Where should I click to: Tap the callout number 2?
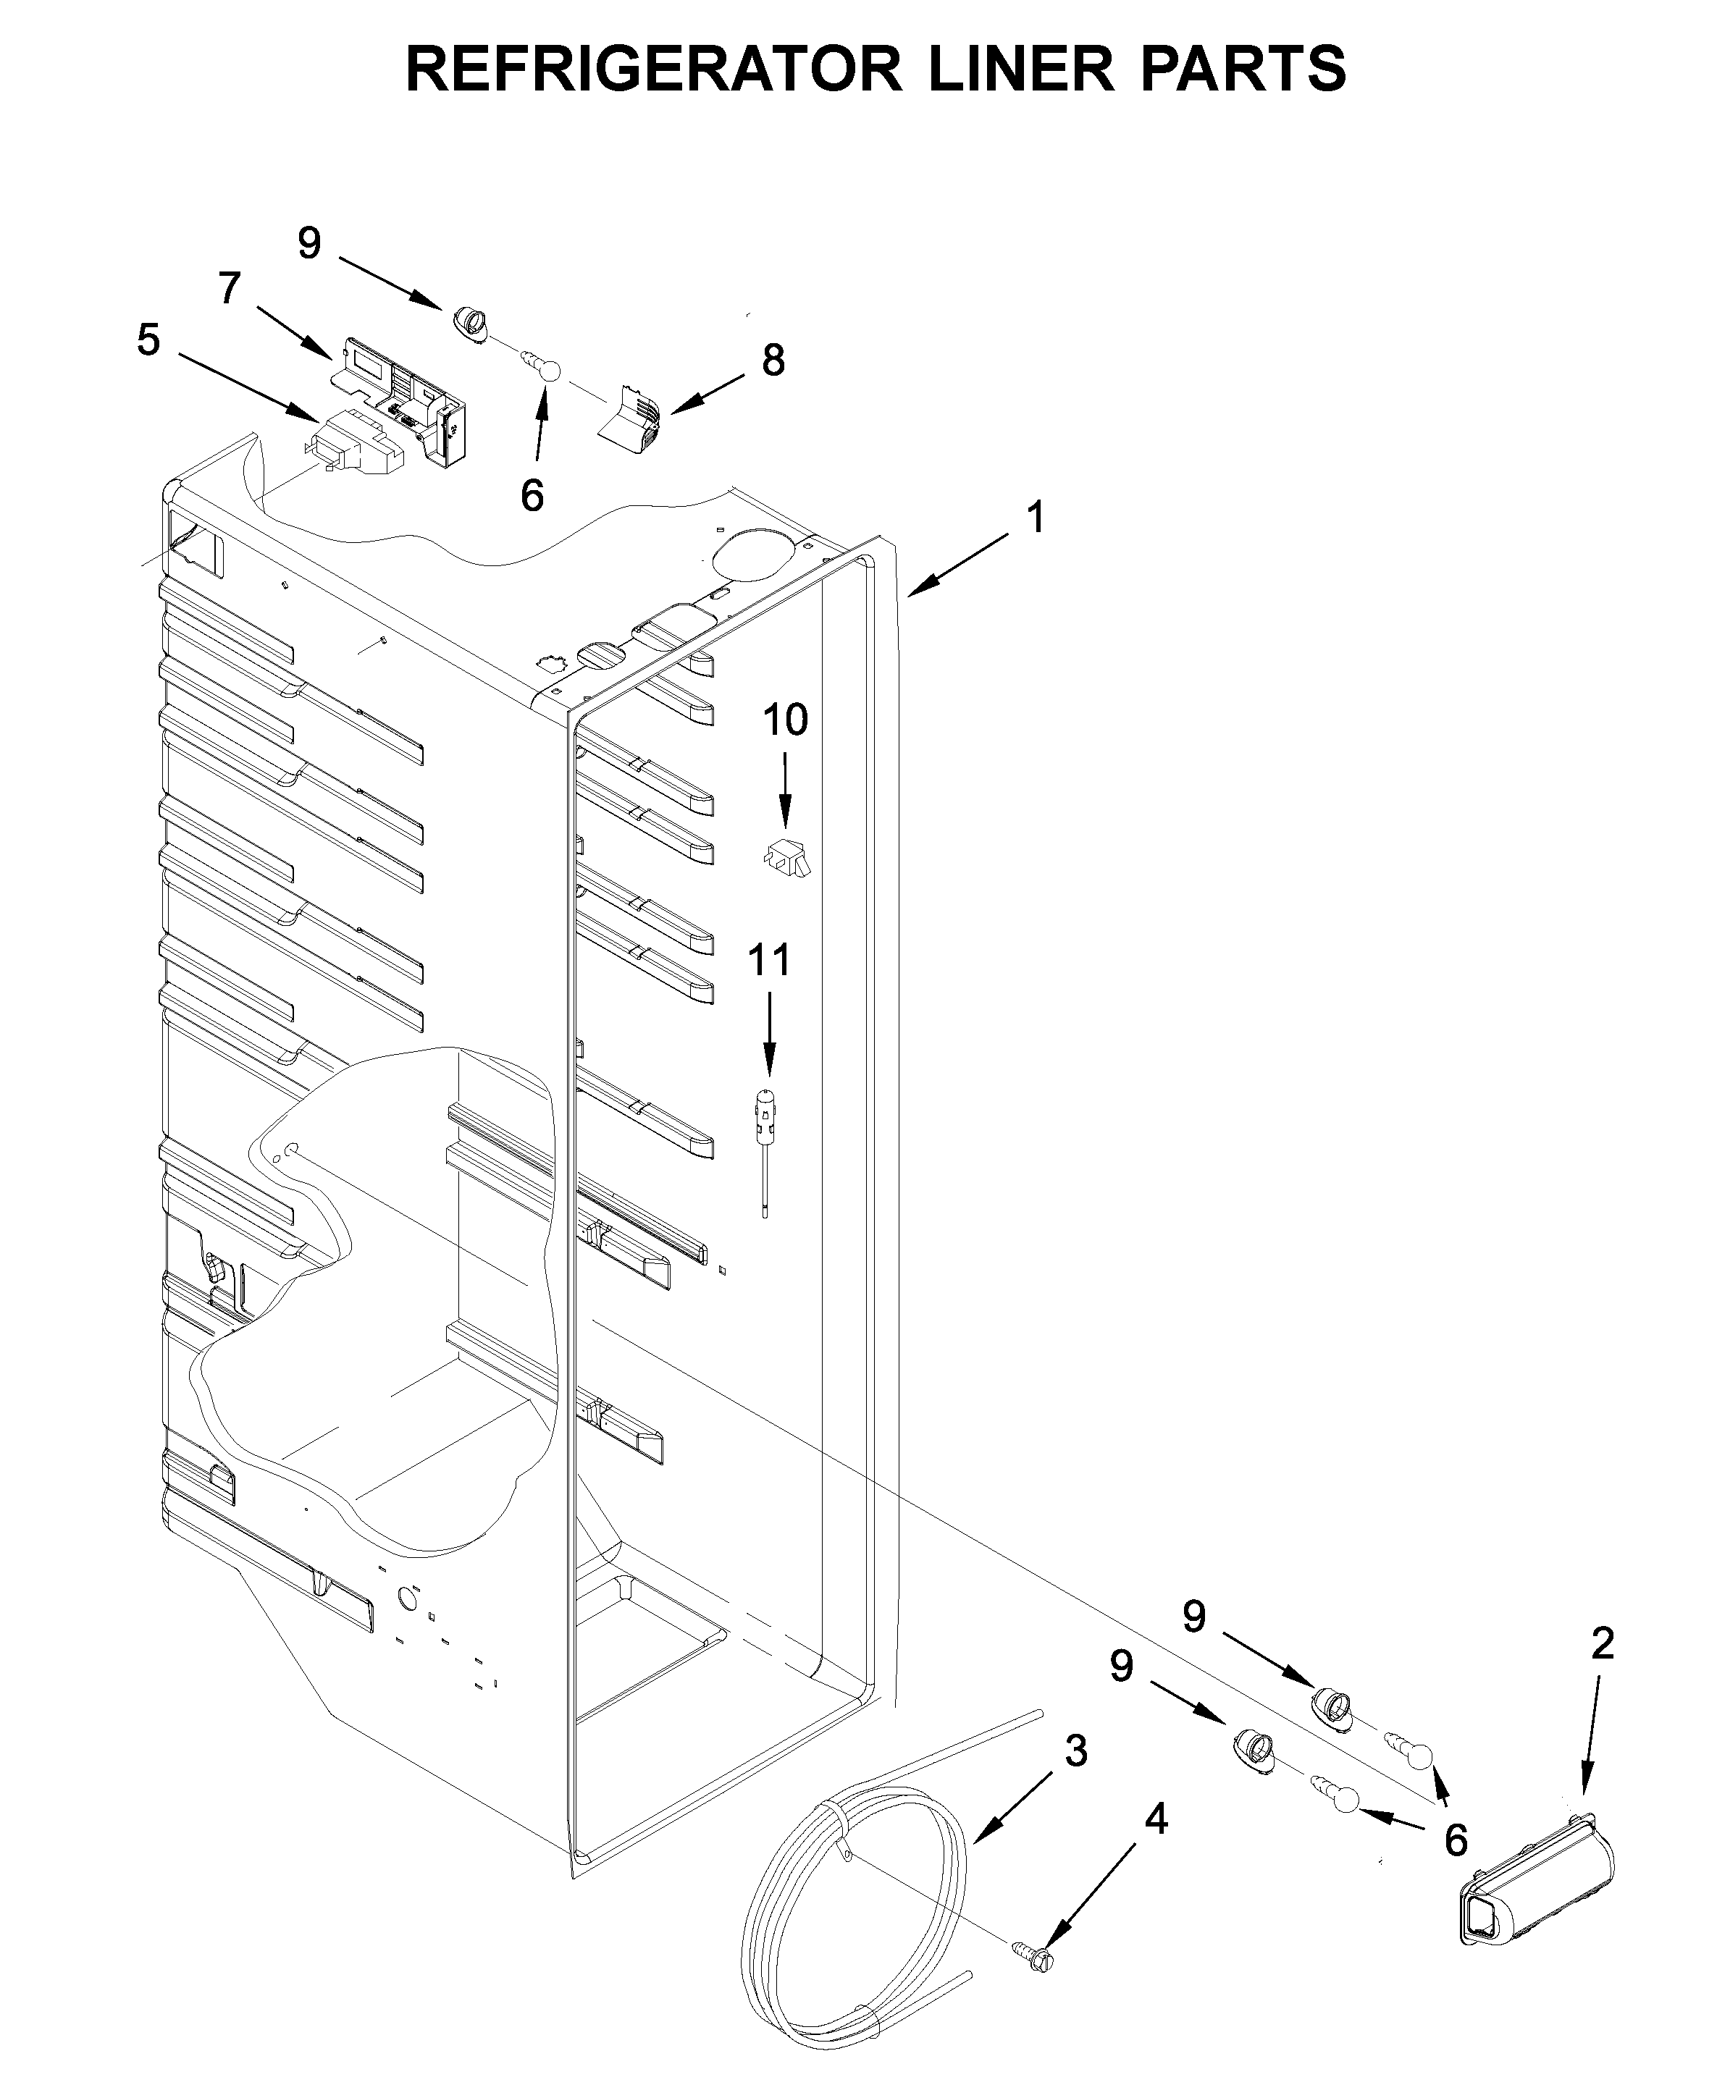click(1603, 1643)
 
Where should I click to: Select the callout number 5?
click(148, 340)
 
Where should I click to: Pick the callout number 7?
click(230, 289)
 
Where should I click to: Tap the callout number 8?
click(773, 360)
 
